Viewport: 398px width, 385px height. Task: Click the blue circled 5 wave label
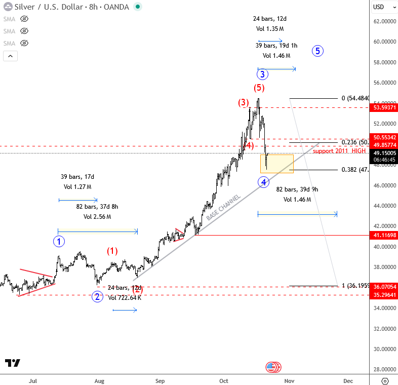pos(317,51)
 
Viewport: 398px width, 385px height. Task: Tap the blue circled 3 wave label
pos(262,74)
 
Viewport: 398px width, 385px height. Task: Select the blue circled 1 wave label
pos(59,241)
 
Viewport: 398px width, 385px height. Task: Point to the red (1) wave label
pos(112,250)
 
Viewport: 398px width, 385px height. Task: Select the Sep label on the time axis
pos(160,380)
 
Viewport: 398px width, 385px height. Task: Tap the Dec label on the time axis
pos(348,380)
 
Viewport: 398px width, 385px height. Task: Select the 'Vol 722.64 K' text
pos(125,298)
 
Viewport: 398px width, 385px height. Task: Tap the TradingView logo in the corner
pos(13,363)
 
